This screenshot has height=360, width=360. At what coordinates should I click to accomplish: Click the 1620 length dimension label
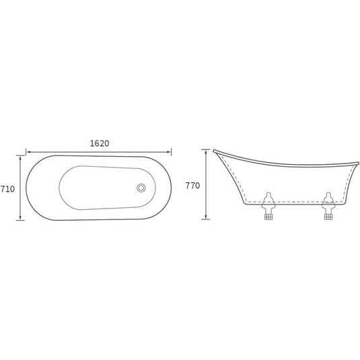coord(100,143)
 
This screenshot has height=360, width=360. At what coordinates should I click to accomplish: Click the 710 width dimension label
coord(7,189)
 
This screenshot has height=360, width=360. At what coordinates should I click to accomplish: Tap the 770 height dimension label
coord(192,186)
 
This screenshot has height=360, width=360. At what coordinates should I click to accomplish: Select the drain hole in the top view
coord(141,188)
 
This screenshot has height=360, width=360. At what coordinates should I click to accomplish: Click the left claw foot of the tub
coord(268,206)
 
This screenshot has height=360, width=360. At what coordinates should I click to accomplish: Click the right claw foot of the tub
coord(328,206)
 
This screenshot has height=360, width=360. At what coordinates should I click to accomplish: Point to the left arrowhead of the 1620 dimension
coord(28,152)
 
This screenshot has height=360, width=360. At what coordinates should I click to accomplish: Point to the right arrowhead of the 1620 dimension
coord(169,152)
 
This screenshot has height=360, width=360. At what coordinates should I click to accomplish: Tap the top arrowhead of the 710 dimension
coord(20,158)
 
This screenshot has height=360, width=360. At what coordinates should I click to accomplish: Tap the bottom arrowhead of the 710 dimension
coord(20,217)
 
